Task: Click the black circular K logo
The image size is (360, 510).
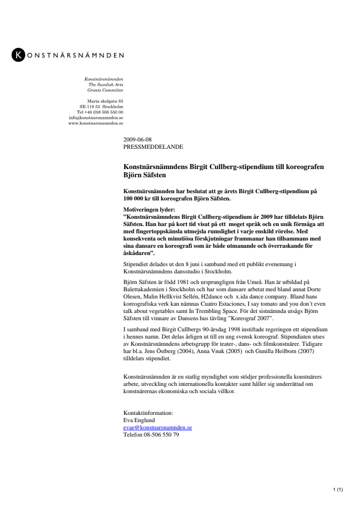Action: coord(18,55)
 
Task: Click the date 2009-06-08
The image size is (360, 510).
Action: coord(138,139)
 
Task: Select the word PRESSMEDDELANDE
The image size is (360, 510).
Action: coord(153,146)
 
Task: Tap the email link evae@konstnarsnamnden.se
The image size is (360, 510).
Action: coord(157,427)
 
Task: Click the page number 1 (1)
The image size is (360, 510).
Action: coord(338,491)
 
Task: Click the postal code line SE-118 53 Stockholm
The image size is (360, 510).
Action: coord(101,106)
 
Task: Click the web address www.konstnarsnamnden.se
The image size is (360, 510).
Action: coord(96,123)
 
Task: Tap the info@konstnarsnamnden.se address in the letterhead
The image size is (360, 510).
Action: coord(96,117)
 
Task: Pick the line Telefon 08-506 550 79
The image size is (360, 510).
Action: coord(151,435)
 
